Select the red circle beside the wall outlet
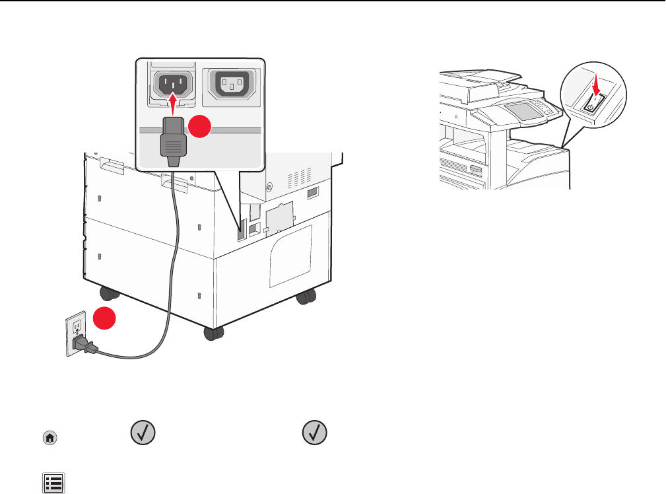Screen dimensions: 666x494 [x=102, y=318]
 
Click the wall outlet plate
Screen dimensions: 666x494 [x=75, y=334]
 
